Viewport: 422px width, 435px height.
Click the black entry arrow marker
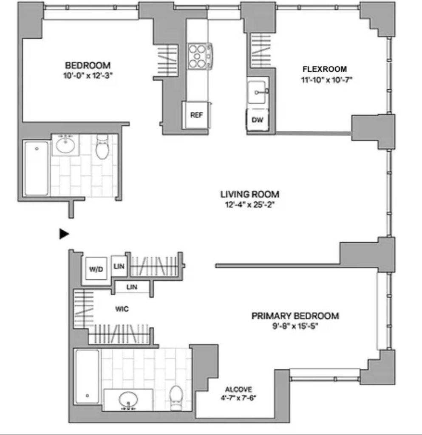click(64, 234)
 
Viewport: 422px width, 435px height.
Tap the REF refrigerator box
click(196, 115)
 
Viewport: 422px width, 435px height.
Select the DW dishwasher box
click(258, 119)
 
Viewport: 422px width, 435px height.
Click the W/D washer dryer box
click(96, 268)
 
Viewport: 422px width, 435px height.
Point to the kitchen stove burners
click(200, 56)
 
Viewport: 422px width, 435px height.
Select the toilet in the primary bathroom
click(176, 398)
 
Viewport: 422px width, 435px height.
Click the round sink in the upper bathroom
click(65, 145)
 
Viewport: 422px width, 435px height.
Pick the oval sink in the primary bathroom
click(128, 399)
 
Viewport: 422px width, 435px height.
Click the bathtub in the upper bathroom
click(36, 168)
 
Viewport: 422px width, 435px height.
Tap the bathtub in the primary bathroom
click(87, 376)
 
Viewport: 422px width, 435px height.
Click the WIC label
click(122, 309)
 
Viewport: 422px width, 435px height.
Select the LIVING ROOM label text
click(250, 194)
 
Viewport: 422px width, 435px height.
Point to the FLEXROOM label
click(325, 69)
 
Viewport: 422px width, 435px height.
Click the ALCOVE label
click(238, 389)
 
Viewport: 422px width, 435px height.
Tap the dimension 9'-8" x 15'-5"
click(295, 326)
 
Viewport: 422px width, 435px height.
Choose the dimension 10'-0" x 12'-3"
click(88, 75)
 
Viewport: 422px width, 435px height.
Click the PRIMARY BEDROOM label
click(295, 316)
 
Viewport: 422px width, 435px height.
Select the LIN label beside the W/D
click(119, 266)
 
